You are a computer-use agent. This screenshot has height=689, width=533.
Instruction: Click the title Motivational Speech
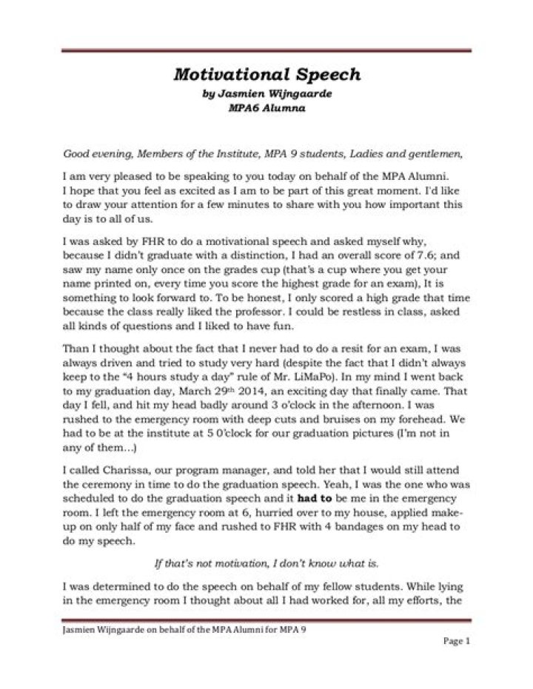[266, 75]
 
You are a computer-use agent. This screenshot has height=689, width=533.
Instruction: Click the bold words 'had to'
[312, 499]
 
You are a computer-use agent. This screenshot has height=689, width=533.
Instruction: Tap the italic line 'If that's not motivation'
[266, 563]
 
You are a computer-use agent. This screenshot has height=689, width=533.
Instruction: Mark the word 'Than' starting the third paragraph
[75, 342]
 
